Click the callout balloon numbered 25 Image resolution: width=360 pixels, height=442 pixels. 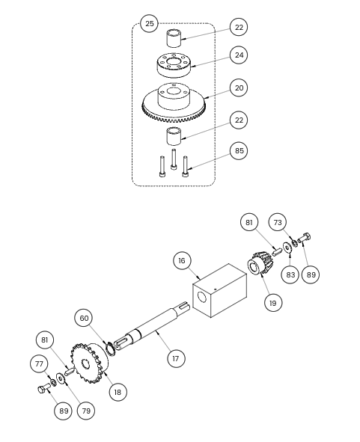click(149, 24)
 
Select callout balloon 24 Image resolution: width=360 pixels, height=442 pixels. click(239, 55)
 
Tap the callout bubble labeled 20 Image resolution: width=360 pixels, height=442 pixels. click(239, 88)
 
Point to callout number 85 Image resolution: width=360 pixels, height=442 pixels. click(239, 151)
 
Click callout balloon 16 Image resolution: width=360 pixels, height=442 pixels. click(182, 261)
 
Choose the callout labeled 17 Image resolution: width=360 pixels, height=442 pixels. click(176, 358)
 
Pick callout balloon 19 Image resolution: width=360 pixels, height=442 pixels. click(273, 303)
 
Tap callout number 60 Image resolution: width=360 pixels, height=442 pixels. click(84, 319)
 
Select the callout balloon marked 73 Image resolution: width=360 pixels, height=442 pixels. click(278, 222)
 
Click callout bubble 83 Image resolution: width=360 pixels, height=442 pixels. click(290, 274)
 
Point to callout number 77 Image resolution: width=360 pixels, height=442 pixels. click(39, 364)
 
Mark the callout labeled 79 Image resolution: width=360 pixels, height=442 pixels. click(86, 411)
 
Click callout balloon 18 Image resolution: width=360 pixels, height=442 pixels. click(118, 392)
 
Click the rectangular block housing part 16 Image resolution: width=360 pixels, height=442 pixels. click(220, 290)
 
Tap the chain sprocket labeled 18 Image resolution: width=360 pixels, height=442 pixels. click(89, 363)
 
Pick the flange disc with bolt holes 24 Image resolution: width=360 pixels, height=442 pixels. click(174, 65)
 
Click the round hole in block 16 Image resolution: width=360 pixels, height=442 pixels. click(202, 297)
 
